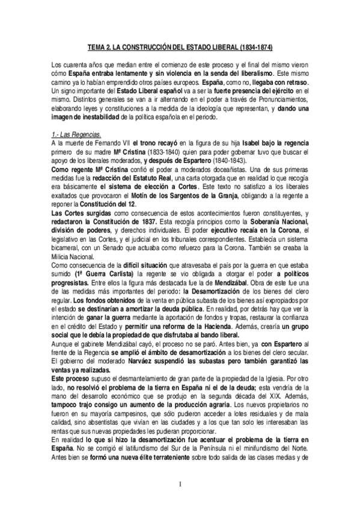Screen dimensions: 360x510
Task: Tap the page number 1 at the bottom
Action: [180, 484]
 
